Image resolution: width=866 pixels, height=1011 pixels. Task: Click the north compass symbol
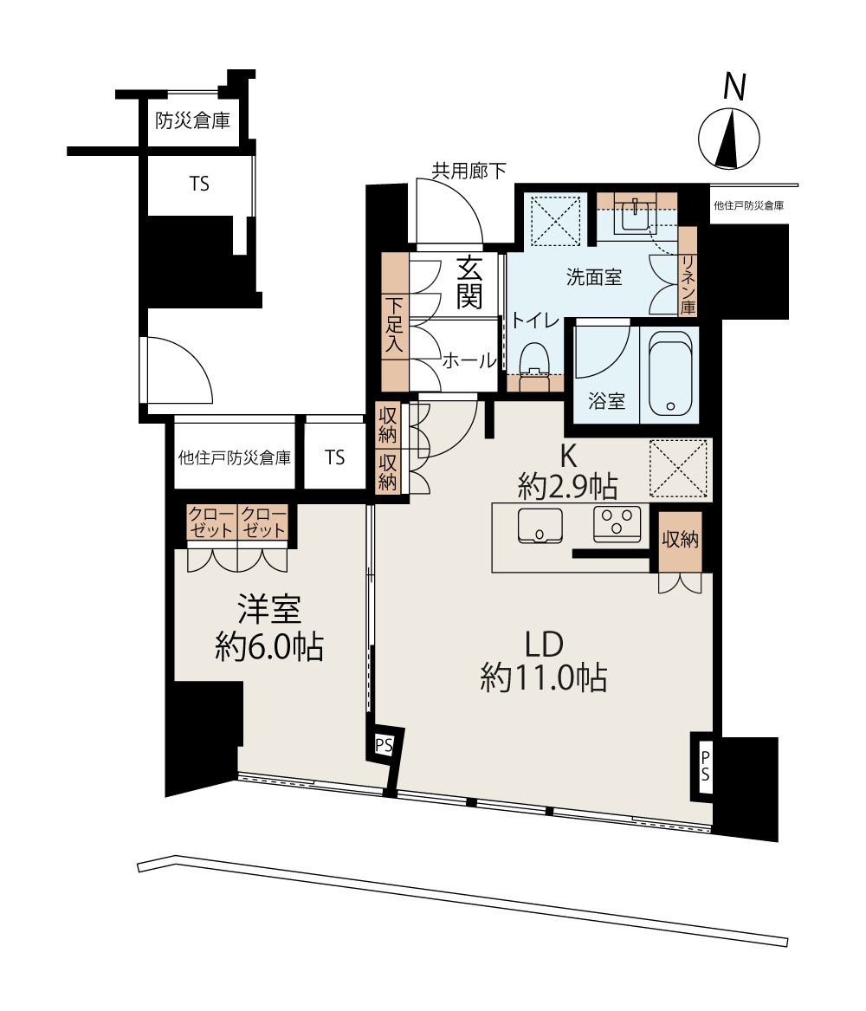point(729,138)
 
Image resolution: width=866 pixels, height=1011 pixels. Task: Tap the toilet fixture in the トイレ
point(533,360)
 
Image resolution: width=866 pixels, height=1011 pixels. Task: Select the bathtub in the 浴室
point(670,373)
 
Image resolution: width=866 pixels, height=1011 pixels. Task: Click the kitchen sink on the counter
point(540,526)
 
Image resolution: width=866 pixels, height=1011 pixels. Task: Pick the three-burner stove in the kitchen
point(617,523)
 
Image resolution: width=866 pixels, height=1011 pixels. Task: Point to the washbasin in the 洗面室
point(636,215)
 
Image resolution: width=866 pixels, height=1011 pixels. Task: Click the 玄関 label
point(469,282)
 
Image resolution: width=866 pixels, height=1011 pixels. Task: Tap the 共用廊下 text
point(469,171)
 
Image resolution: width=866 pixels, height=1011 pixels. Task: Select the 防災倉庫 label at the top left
point(192,120)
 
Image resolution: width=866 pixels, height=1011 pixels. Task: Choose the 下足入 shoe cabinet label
point(394,324)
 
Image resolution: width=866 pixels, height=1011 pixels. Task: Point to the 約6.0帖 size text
point(269,646)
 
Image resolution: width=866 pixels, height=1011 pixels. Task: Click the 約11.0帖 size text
point(543,677)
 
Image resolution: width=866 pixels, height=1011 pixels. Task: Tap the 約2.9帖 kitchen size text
point(568,486)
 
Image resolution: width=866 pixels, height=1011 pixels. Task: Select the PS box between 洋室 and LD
point(384,746)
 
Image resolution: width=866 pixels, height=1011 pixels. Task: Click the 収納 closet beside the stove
point(681,540)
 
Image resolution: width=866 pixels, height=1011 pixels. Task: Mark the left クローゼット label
point(211,522)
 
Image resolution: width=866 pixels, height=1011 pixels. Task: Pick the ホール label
point(469,360)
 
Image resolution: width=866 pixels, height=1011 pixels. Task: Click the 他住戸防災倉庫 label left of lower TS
point(235,457)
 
